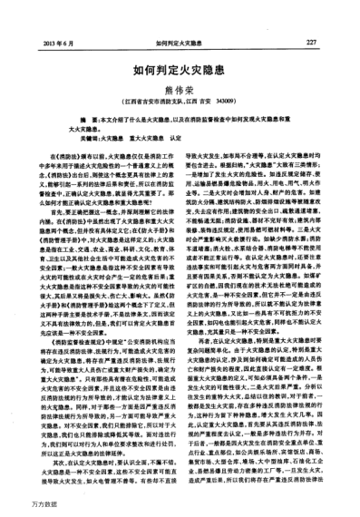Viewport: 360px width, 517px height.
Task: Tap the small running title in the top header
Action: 180,43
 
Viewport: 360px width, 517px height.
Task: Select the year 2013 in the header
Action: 48,43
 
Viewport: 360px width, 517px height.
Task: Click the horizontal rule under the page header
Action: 180,51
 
